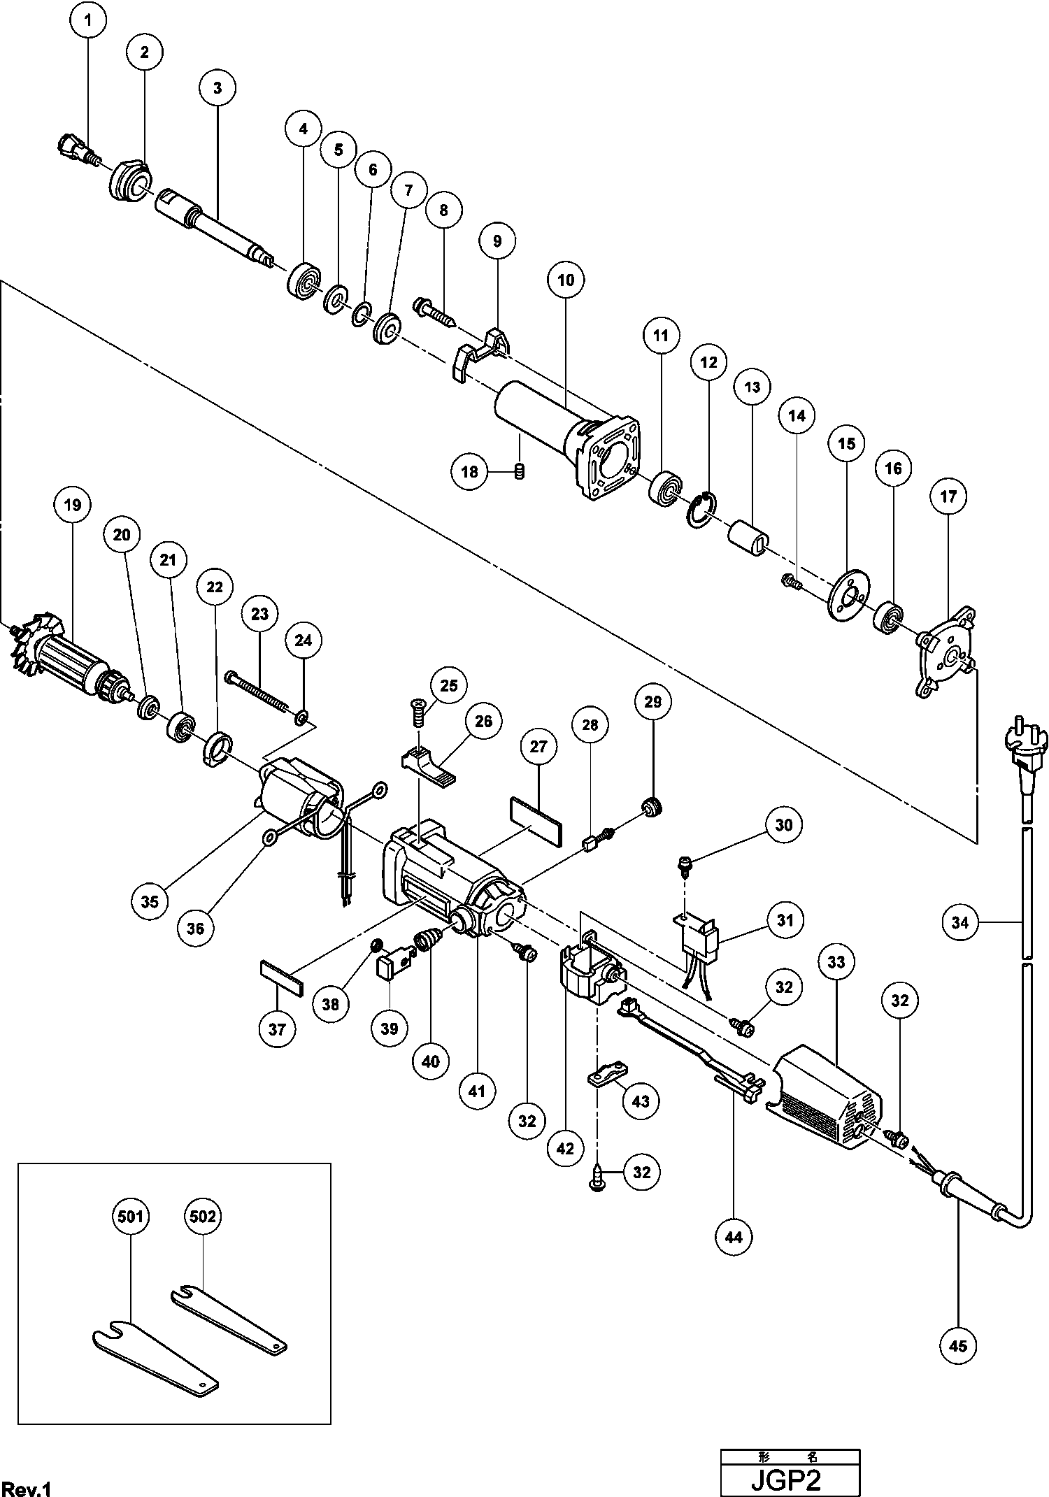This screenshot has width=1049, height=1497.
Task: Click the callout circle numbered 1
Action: click(x=88, y=20)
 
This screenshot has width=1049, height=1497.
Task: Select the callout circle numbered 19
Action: click(x=73, y=505)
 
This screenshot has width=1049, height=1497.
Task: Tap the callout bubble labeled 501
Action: click(x=130, y=1217)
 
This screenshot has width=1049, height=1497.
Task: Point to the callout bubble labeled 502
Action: click(x=203, y=1217)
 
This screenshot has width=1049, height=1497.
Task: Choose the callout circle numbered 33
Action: click(x=836, y=962)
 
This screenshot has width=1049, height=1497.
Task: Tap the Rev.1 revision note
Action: click(x=27, y=1485)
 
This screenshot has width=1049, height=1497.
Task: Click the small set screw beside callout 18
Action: click(x=519, y=472)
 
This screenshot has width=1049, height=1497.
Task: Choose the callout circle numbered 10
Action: click(x=566, y=280)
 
